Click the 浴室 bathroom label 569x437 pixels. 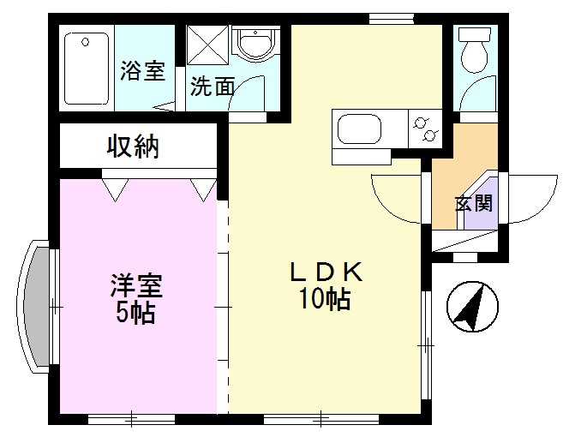point(142,71)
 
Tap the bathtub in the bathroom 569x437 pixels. point(87,68)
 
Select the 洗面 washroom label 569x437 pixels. point(212,87)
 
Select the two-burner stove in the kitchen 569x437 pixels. point(425,129)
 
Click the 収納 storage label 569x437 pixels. point(133,147)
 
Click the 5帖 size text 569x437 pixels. point(135,313)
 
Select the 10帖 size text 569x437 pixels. point(326,301)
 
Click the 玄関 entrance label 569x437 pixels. point(472,204)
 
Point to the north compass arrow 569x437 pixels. point(468,307)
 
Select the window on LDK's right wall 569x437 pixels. point(426,344)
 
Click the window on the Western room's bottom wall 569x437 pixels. point(131,420)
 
